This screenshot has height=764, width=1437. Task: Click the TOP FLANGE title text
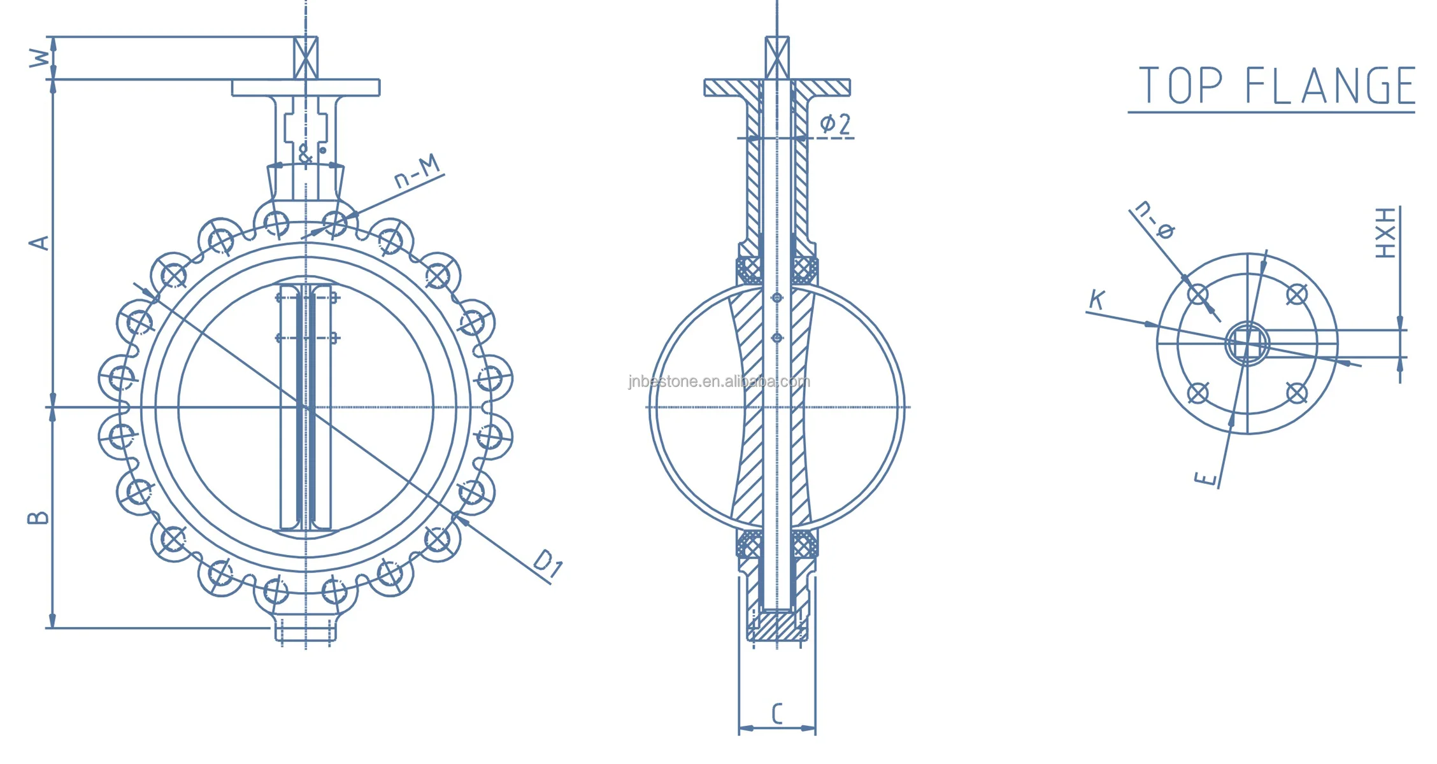point(1276,86)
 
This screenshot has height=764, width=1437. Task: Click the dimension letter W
point(39,59)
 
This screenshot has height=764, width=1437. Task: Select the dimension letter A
point(39,243)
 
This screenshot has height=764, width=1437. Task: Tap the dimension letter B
point(38,518)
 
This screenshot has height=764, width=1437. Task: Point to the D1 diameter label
point(548,563)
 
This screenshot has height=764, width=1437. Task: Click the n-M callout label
point(417,171)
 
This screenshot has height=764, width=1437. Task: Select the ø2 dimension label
point(835,124)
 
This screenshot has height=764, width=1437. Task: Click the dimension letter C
point(777,714)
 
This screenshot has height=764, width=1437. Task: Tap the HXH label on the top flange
point(1386,233)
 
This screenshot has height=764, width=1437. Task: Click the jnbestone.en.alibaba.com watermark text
point(719,381)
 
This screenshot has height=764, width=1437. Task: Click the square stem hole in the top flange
point(1247,344)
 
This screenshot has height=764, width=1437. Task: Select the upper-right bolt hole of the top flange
point(1297,295)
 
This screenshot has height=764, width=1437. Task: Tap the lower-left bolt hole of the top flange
point(1198,393)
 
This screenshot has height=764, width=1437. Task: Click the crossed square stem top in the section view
point(777,58)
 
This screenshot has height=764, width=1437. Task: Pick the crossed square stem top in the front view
point(306,58)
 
